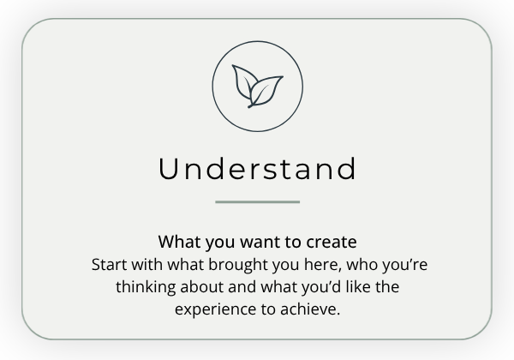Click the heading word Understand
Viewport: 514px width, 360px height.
pyautogui.click(x=257, y=169)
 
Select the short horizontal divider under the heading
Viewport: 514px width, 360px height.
pyautogui.click(x=257, y=202)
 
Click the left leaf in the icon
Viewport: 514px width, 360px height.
pyautogui.click(x=242, y=81)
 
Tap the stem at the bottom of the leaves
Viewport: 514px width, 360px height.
pyautogui.click(x=251, y=106)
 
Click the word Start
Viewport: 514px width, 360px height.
pyautogui.click(x=109, y=265)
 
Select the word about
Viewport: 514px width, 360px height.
pyautogui.click(x=202, y=287)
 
